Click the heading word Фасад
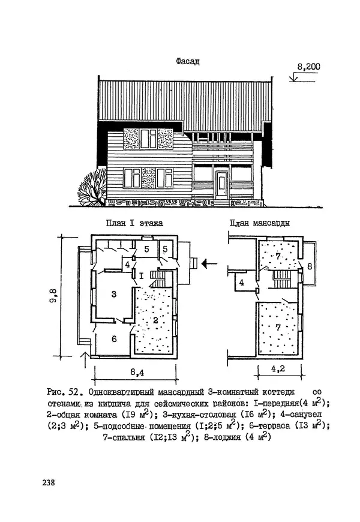tap(188, 61)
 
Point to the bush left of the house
tap(91, 191)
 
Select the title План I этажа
tap(134, 223)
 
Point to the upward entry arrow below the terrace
tap(85, 361)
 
